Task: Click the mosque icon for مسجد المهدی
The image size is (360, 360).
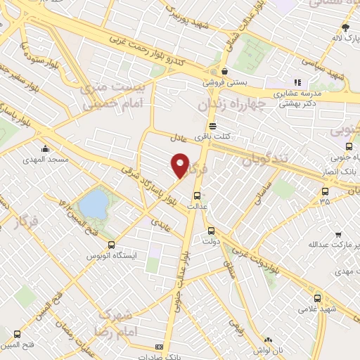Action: [x=46, y=148]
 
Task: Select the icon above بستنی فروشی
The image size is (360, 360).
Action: [x=224, y=71]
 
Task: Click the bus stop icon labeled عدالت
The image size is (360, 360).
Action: [x=197, y=195]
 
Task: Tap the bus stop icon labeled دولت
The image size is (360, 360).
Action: [x=210, y=230]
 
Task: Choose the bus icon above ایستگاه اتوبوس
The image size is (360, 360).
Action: [x=111, y=244]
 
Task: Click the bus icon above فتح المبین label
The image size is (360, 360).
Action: [x=17, y=334]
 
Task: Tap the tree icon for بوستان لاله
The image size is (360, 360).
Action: [x=344, y=27]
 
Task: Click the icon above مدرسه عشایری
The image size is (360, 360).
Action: [x=297, y=82]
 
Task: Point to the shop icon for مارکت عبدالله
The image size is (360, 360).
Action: [x=338, y=234]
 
